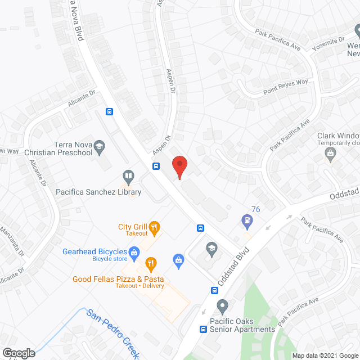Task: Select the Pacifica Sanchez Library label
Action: coord(98,192)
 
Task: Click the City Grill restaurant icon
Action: coord(155,227)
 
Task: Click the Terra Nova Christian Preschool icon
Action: coord(100,147)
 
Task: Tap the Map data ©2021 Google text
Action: coord(325,355)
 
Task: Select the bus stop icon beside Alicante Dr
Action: coord(110,111)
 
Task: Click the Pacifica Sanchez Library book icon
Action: coord(128,177)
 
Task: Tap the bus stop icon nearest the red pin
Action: coord(157,166)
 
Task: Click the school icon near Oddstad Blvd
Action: coord(211,247)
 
